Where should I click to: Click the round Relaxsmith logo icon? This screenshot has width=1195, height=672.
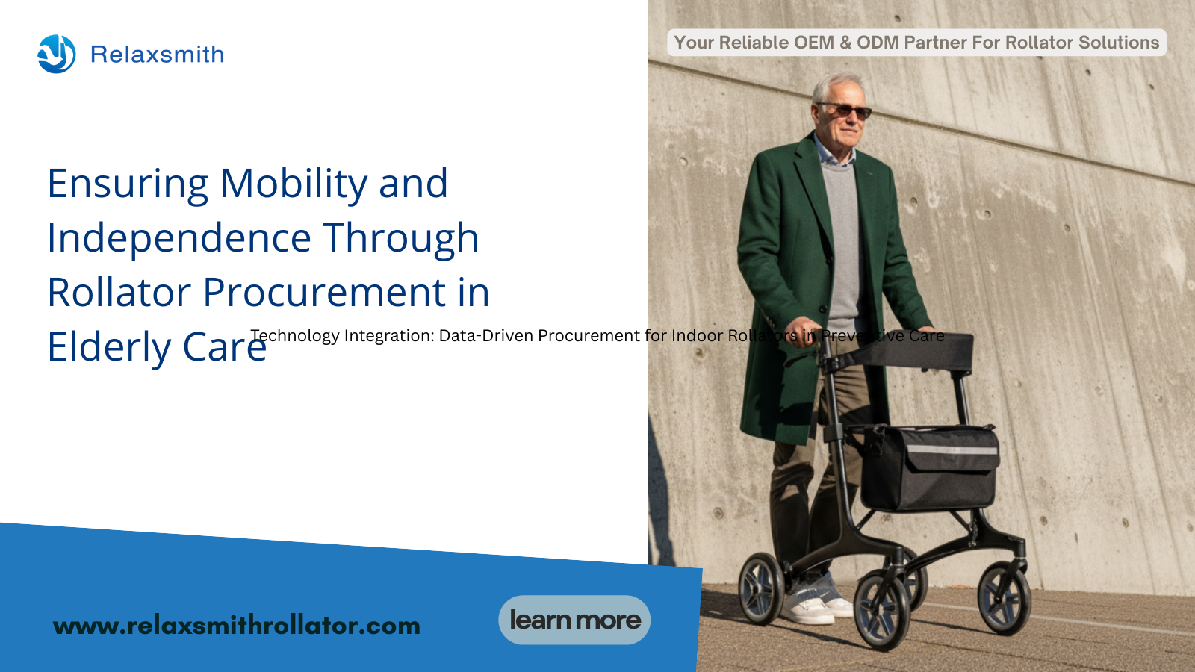(57, 54)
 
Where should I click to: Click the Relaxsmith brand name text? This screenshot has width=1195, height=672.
(158, 55)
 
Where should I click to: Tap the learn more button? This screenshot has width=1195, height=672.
(574, 620)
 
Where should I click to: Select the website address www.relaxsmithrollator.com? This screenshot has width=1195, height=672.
(236, 626)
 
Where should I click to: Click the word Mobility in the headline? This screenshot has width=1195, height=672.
(294, 184)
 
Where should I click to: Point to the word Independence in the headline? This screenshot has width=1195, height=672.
(179, 238)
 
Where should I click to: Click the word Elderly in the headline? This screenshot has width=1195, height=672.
(109, 347)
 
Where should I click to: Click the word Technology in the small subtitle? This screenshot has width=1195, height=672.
(295, 335)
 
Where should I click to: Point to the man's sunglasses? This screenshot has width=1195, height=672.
(845, 111)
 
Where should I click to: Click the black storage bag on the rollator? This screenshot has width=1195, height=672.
(928, 467)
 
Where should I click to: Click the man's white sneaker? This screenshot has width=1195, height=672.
(808, 607)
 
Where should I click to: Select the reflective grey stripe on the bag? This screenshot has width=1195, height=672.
(953, 450)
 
